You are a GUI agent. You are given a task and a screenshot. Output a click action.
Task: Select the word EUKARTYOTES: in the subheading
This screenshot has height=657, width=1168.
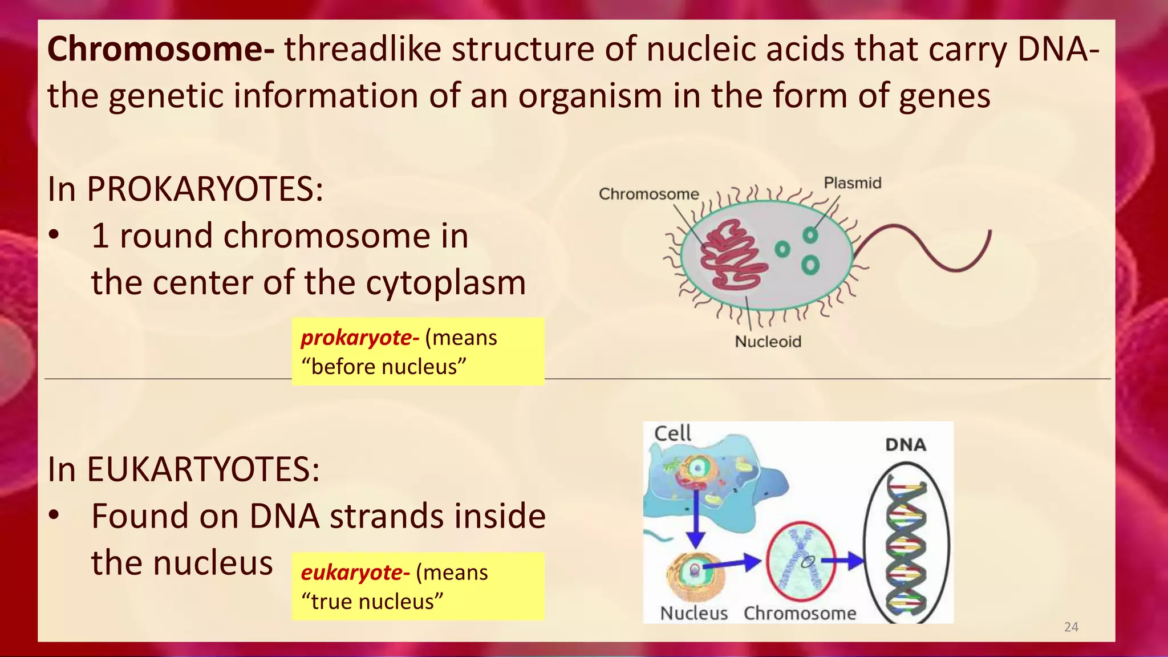[x=202, y=469]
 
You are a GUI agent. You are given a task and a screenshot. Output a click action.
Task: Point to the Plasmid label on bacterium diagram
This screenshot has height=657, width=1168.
[x=852, y=183]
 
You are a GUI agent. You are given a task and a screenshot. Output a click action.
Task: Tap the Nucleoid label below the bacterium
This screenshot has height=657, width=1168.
[x=768, y=342]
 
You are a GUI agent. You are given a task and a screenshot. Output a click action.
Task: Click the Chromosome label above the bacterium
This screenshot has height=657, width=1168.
[x=648, y=194]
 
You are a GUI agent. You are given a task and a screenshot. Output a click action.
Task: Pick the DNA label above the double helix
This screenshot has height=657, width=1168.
[x=905, y=445]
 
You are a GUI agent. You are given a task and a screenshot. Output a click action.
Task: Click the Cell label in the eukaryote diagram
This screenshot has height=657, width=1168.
[x=672, y=433]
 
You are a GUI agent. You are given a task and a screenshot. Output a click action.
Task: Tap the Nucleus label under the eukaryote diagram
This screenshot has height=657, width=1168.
[x=693, y=613]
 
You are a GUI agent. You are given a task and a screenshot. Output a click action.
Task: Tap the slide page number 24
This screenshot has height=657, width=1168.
[x=1071, y=627]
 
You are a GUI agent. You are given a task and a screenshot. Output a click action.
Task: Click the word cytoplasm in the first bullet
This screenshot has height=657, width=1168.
[x=445, y=283]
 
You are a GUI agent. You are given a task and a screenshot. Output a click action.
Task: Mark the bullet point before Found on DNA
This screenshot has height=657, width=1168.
[x=54, y=516]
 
